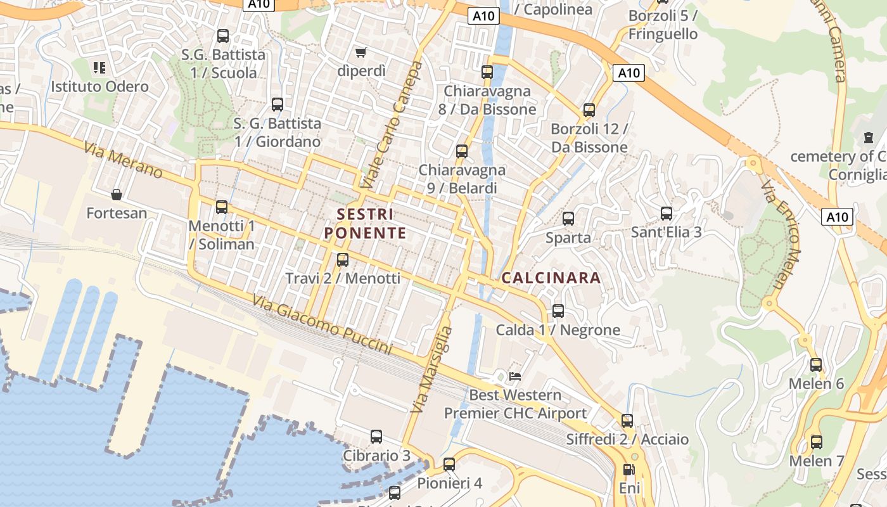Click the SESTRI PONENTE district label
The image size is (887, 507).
tap(365, 223)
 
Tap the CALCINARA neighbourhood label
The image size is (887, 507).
tap(551, 278)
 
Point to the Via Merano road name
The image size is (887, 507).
tap(123, 161)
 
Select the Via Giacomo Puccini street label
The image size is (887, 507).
tap(322, 324)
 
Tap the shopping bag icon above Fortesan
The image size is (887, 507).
tap(117, 194)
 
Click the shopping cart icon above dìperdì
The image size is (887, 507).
tap(361, 52)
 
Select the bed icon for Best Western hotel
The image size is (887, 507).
tap(515, 376)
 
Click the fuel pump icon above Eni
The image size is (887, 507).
tap(629, 470)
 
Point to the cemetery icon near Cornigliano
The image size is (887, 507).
tap(869, 137)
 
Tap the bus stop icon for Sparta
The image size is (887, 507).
tap(568, 219)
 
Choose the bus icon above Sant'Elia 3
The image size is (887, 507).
tap(666, 213)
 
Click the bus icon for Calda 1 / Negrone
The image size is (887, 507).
tap(558, 311)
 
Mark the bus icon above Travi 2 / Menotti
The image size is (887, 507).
tap(343, 259)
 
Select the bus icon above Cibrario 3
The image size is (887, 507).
tap(376, 437)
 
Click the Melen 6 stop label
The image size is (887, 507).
tap(816, 384)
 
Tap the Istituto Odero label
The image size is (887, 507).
tap(100, 87)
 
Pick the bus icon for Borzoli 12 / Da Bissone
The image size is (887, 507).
tap(589, 110)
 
